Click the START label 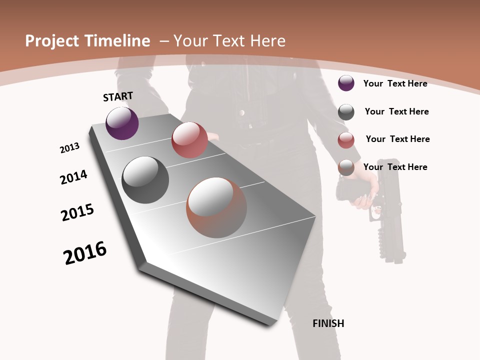(118, 96)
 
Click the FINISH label (328, 323)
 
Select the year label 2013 (69, 148)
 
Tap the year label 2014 (73, 177)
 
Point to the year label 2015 (77, 212)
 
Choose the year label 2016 (85, 253)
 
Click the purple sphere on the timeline (122, 123)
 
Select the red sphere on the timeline (189, 140)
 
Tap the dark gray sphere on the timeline (145, 180)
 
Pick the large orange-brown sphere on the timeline (216, 207)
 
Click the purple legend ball (346, 83)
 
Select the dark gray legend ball (346, 112)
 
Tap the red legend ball (346, 140)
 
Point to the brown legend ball (346, 167)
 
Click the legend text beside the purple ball (395, 83)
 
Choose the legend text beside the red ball (397, 139)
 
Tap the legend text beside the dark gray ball (396, 111)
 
